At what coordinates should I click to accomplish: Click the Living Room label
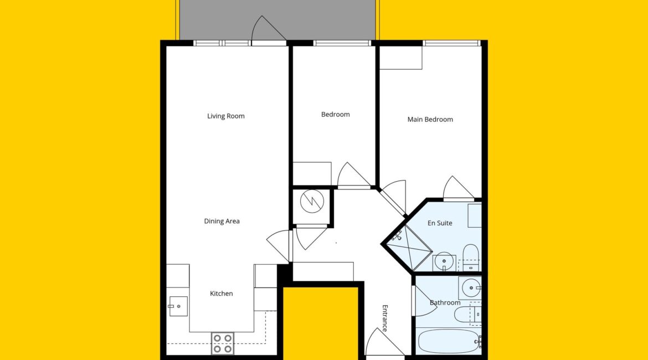[x=225, y=116]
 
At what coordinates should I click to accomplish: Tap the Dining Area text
[x=222, y=221]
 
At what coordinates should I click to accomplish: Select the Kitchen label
[x=222, y=294]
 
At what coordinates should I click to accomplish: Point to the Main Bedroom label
[x=430, y=120]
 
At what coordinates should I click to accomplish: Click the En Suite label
[x=440, y=223]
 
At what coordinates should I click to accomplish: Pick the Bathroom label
[x=445, y=302]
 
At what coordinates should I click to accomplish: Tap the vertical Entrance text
[x=385, y=318]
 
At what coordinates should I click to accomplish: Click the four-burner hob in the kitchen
[x=222, y=343]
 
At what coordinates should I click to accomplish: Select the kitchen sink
[x=178, y=306]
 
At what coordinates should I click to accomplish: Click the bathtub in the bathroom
[x=449, y=341]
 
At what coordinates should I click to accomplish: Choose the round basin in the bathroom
[x=471, y=287]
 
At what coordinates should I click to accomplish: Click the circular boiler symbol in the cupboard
[x=312, y=201]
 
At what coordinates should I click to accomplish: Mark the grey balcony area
[x=278, y=19]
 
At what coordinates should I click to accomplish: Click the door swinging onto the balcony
[x=269, y=28]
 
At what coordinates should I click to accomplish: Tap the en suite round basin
[x=444, y=261]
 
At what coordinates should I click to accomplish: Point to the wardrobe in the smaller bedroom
[x=312, y=173]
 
